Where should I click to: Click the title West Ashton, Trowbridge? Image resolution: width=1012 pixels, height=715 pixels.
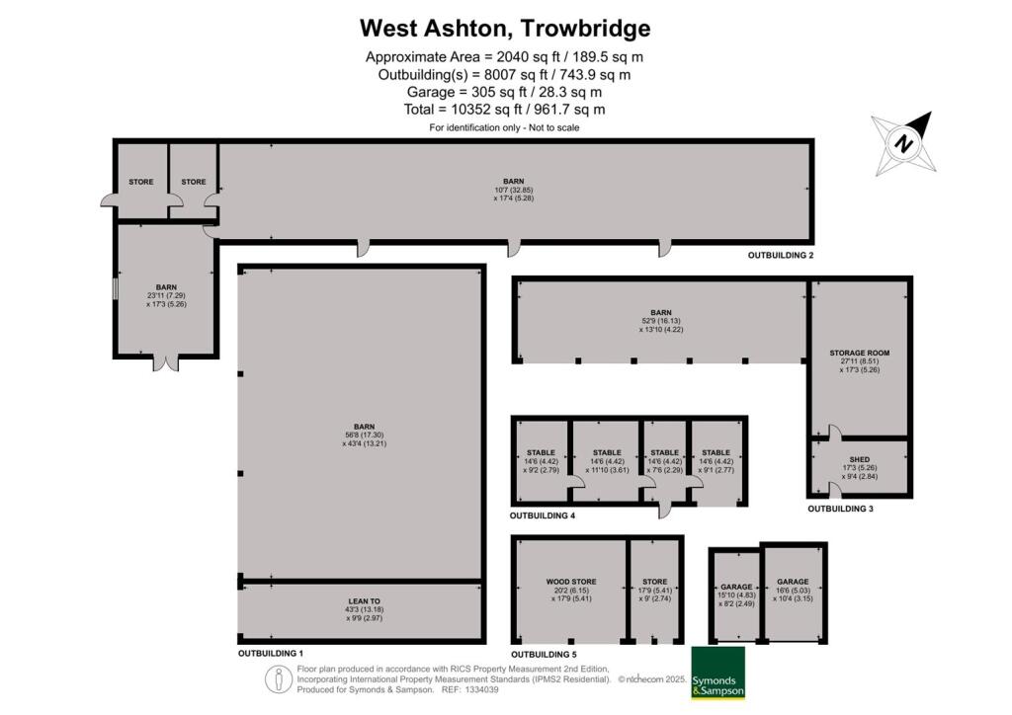click(505, 28)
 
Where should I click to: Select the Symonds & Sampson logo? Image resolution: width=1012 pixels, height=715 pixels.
click(718, 674)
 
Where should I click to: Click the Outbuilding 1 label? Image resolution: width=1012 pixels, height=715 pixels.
click(270, 654)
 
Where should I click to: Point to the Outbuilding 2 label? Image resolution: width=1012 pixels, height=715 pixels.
click(780, 256)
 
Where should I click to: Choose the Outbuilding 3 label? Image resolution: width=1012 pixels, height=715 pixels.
click(840, 510)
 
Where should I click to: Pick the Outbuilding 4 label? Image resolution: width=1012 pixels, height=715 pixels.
click(542, 516)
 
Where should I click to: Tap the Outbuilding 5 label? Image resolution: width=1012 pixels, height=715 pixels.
click(543, 654)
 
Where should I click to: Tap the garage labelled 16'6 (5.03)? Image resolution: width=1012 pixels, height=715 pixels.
click(793, 582)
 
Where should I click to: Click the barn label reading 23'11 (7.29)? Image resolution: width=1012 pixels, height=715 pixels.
click(165, 295)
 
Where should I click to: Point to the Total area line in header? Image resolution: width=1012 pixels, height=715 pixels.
click(505, 110)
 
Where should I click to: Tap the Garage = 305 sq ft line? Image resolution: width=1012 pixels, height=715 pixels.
click(505, 92)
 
